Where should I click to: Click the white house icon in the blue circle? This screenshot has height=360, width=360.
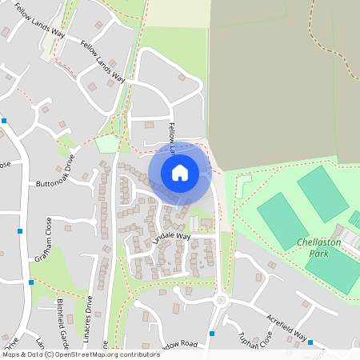(180, 172)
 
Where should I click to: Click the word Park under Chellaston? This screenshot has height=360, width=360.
(319, 253)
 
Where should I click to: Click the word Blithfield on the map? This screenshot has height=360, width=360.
(62, 313)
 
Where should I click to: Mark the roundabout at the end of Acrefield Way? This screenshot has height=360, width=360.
(222, 300)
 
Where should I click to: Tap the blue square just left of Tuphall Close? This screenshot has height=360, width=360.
(212, 333)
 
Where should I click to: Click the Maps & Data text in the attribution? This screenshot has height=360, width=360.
(22, 354)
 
